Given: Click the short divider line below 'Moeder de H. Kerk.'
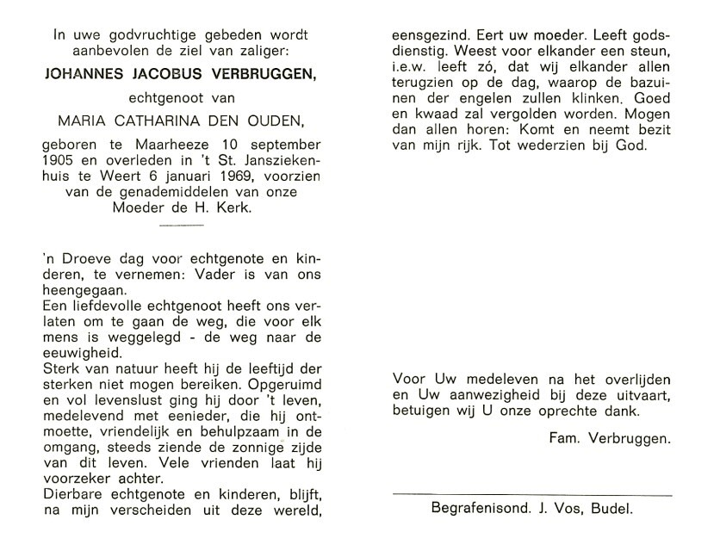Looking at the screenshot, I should click(x=182, y=226).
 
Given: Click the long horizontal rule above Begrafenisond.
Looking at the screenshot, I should click(x=531, y=495).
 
